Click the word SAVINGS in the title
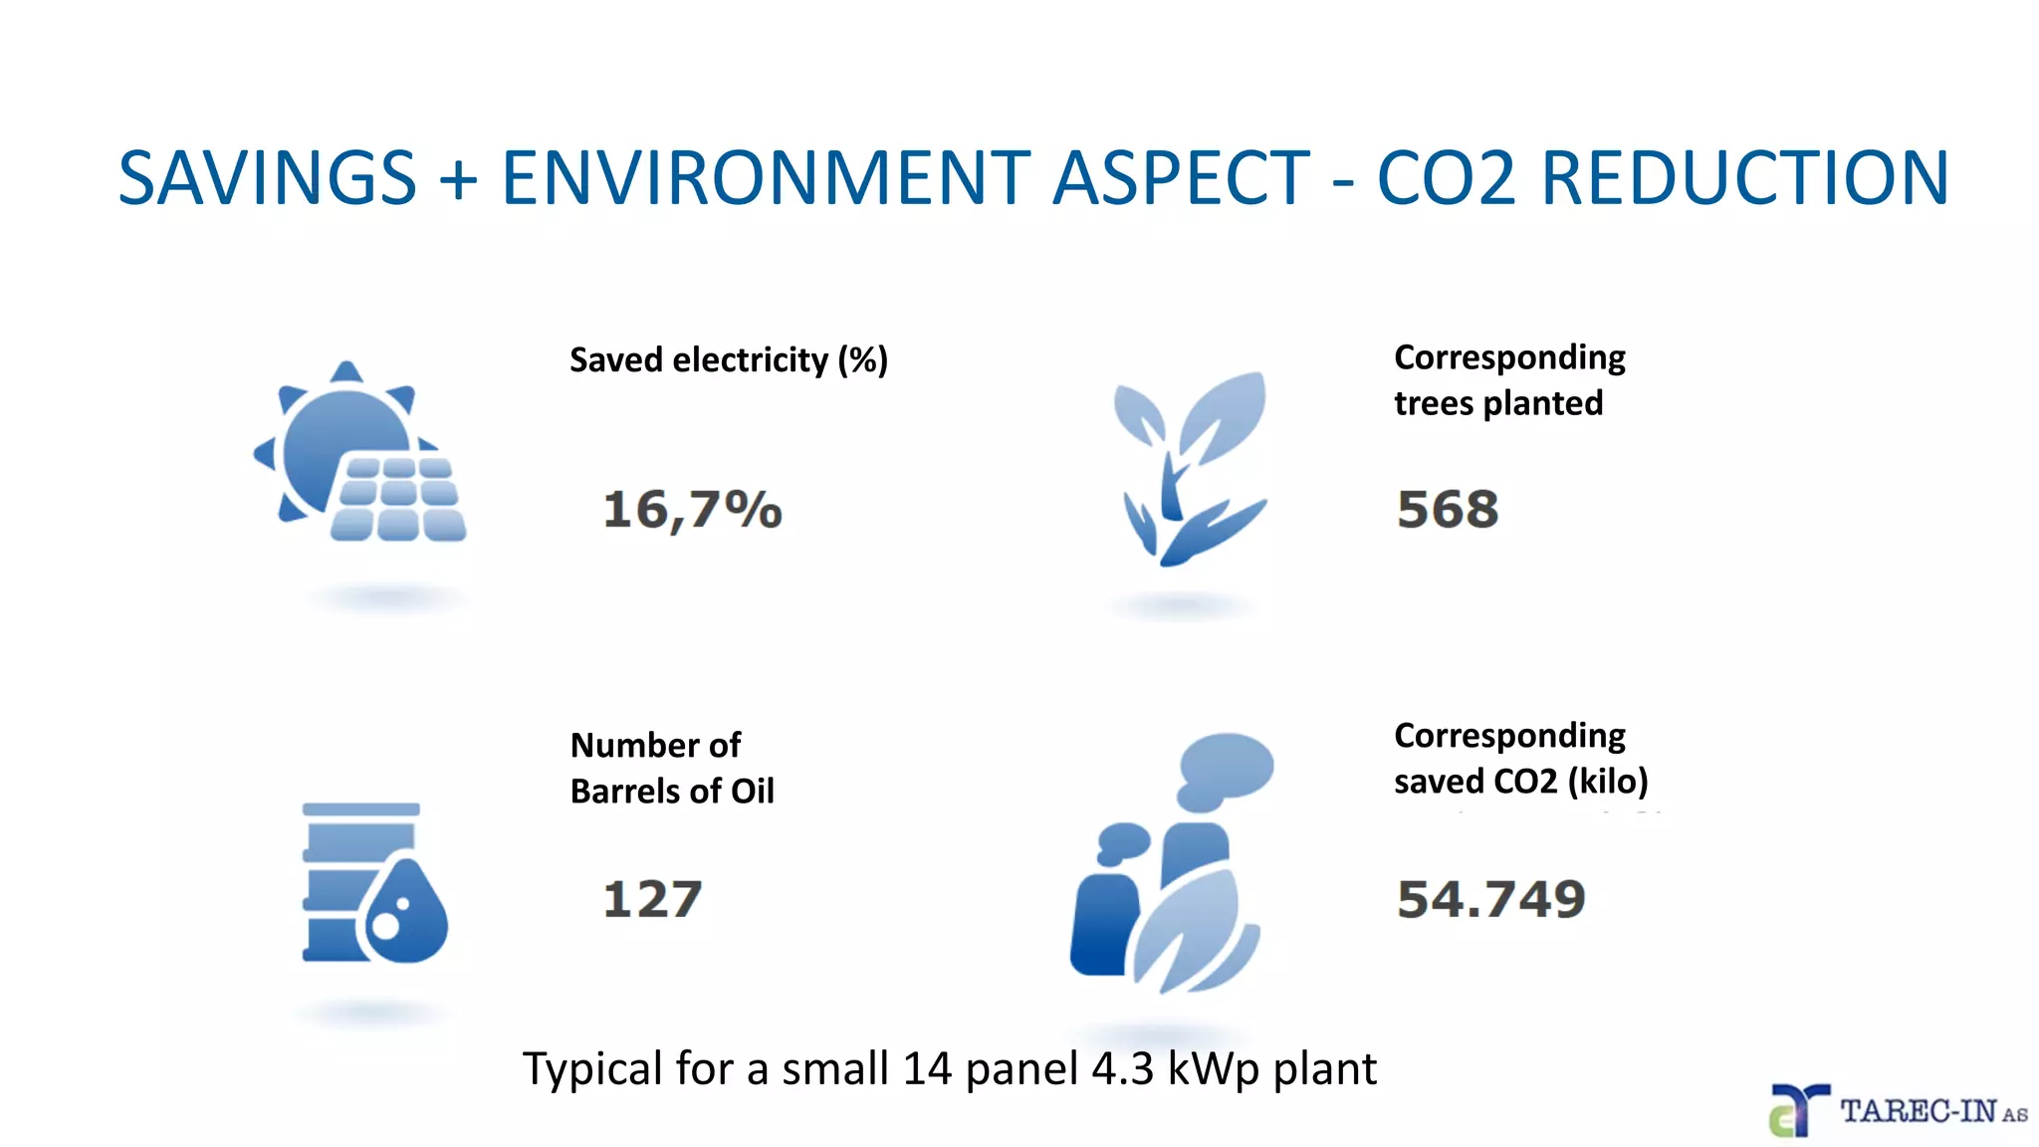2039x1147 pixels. [x=267, y=179]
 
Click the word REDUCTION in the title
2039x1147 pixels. [x=1744, y=179]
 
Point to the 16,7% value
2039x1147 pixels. [x=692, y=510]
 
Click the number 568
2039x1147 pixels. [x=1447, y=510]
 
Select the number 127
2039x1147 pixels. [x=652, y=899]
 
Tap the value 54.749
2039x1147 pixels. [x=1490, y=899]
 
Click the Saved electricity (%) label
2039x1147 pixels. [x=728, y=359]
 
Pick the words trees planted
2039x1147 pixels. [x=1497, y=403]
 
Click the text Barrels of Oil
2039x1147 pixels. [x=671, y=791]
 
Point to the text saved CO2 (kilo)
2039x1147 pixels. [x=1520, y=781]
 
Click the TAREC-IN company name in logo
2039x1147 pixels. [x=1918, y=1111]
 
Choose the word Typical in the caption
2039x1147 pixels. [x=592, y=1069]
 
